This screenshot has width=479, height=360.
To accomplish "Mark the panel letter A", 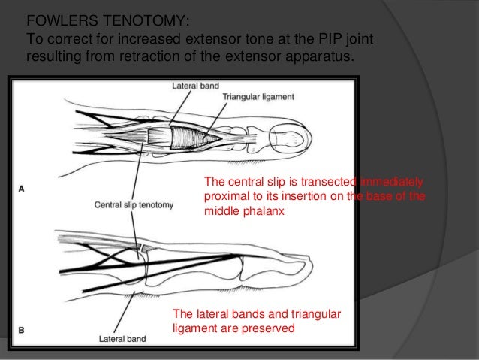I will [x=22, y=189].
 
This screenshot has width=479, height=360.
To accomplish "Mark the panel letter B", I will [x=21, y=329].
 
